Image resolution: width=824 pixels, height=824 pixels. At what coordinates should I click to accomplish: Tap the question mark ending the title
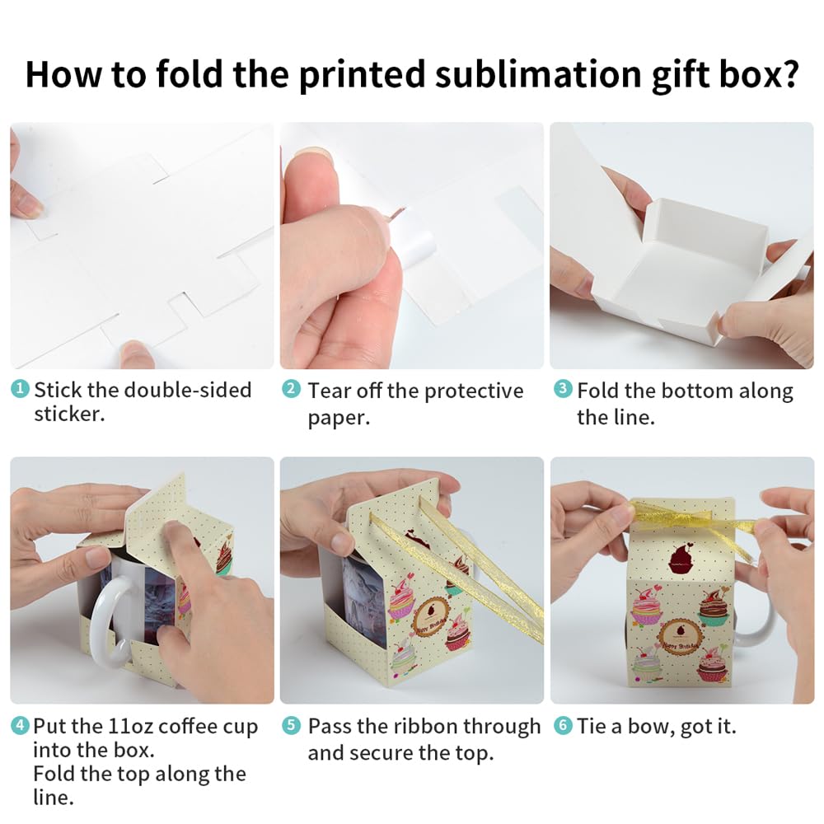pos(787,74)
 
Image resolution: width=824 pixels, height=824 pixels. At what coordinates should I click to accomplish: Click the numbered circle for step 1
pos(21,388)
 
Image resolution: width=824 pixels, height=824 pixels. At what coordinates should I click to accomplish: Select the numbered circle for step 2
pos(291,388)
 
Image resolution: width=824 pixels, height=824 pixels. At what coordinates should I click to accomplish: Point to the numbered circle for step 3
pos(563,388)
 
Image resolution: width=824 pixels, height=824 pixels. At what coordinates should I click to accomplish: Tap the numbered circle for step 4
pos(21,726)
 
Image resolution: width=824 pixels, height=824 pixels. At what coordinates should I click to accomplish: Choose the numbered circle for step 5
pos(291,726)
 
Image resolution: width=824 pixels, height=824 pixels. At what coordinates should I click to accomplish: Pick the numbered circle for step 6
pos(563,726)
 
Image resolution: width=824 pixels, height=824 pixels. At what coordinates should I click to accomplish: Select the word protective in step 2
pos(472,391)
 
